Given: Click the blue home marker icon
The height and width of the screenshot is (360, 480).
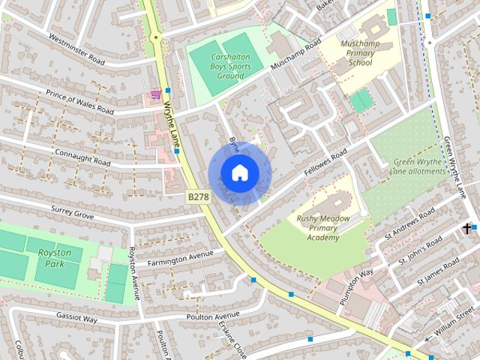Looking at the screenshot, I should click(x=239, y=172).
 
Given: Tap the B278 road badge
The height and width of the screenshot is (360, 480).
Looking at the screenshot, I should click(x=198, y=196).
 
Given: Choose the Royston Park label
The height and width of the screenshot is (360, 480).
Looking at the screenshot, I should click(x=55, y=258).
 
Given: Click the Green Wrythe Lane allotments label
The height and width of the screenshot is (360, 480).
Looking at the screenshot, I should click(x=419, y=166).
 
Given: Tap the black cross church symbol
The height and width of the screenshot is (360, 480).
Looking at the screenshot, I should click(x=467, y=228).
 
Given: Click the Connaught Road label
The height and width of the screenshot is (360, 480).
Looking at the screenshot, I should click(x=82, y=157).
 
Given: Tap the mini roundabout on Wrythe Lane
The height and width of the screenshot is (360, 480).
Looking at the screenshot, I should click(x=156, y=36).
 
